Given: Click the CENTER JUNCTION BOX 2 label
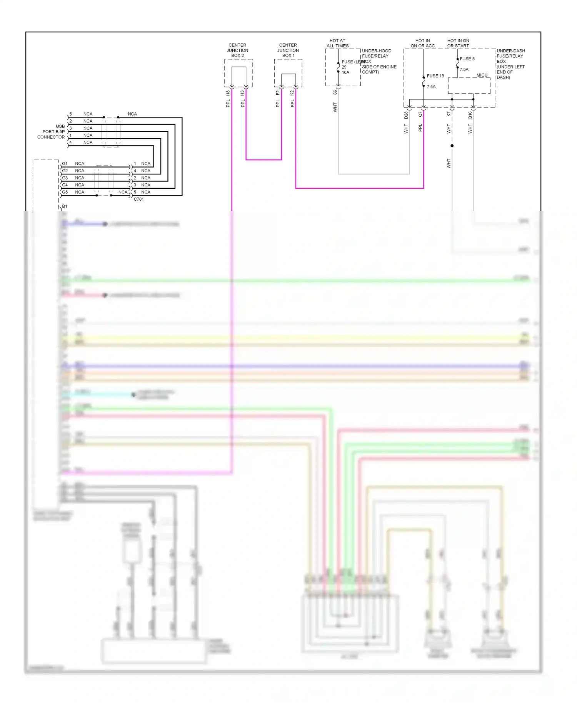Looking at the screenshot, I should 237,50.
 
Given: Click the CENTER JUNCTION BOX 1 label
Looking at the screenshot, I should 288,50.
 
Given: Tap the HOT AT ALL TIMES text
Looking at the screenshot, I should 337,43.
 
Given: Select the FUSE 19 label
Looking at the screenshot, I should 435,76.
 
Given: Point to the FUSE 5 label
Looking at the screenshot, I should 467,59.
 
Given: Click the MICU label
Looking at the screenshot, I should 482,75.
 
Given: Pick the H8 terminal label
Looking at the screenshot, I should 228,93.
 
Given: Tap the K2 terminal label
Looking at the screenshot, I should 292,93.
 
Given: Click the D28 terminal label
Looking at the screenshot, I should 406,115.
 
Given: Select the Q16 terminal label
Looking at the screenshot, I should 470,115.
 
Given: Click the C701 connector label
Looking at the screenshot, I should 138,199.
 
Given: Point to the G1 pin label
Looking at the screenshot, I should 65,164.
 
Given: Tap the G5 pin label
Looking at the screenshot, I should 65,192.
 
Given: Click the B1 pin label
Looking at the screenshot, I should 65,206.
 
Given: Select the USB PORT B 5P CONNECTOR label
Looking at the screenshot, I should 52,132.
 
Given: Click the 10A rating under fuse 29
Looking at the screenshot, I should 345,72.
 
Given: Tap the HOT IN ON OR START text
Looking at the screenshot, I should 458,43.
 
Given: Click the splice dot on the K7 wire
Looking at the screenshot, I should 452,146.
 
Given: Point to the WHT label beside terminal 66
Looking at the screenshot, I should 335,107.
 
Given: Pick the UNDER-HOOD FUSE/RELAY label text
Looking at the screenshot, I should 376,54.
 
